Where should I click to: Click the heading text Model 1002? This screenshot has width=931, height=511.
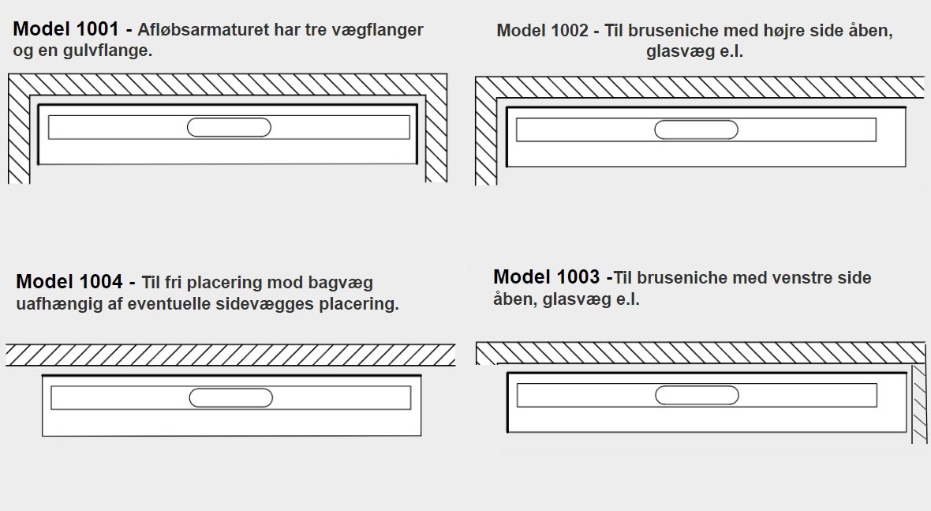542,31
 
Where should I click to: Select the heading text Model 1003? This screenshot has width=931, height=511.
546,277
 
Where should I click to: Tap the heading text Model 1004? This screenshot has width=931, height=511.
69,282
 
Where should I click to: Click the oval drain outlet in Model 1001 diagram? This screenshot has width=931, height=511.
229,127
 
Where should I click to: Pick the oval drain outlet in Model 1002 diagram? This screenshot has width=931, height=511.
697,130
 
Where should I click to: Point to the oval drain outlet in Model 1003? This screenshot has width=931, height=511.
697,395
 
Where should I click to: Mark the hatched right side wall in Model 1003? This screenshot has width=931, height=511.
918,403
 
